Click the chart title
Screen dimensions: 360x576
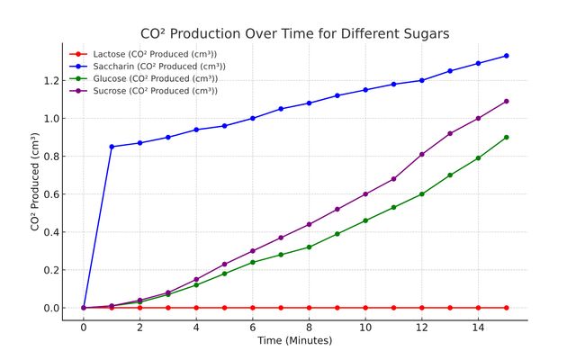(x=295, y=33)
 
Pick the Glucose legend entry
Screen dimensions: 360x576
(x=152, y=78)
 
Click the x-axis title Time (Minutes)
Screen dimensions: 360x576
(x=294, y=341)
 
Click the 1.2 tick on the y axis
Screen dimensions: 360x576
(x=49, y=80)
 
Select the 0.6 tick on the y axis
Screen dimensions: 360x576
(x=49, y=194)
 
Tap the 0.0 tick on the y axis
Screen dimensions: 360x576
(x=49, y=308)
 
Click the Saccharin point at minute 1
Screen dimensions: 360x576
(x=112, y=147)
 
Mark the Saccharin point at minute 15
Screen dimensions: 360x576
(x=507, y=56)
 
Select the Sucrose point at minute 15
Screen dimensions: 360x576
(x=507, y=101)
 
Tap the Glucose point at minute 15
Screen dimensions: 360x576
(x=507, y=137)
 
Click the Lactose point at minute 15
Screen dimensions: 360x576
(x=507, y=308)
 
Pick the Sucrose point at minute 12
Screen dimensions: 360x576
(x=422, y=154)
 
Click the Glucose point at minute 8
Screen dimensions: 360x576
(x=309, y=247)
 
